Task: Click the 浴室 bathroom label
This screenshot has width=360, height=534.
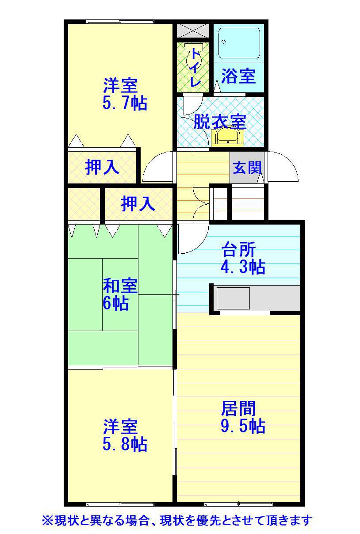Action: click(x=238, y=76)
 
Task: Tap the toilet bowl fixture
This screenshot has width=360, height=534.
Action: click(x=194, y=57)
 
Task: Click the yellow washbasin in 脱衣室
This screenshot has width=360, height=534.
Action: click(x=228, y=136)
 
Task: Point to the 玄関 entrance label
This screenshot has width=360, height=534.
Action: click(x=247, y=168)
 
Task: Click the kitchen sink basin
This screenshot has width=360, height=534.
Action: click(x=233, y=298)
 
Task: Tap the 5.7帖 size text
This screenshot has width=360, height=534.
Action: click(x=125, y=103)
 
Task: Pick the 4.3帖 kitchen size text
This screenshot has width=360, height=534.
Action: click(x=243, y=267)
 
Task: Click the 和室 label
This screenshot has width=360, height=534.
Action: click(x=120, y=286)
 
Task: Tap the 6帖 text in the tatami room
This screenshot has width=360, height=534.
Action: click(x=116, y=303)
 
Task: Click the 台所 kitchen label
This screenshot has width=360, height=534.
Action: click(x=238, y=250)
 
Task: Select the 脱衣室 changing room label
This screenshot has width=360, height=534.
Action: click(x=220, y=122)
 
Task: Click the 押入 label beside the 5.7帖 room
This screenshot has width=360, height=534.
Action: click(x=102, y=167)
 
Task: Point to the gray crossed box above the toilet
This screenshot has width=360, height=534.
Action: click(x=193, y=31)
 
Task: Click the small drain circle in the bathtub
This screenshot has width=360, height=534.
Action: click(x=223, y=42)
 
